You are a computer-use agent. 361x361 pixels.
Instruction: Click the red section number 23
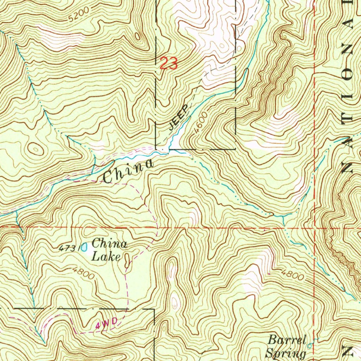pyautogui.click(x=168, y=64)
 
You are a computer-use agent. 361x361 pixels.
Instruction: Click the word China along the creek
pyautogui.click(x=129, y=171)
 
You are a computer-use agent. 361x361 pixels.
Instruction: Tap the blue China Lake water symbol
pyautogui.click(x=84, y=247)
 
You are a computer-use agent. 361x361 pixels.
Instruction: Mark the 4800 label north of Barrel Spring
pyautogui.click(x=292, y=275)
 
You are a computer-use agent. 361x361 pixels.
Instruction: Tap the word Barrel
pyautogui.click(x=286, y=340)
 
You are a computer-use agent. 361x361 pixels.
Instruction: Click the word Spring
pyautogui.click(x=286, y=353)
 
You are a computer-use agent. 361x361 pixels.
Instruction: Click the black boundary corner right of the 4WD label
pyautogui.click(x=154, y=310)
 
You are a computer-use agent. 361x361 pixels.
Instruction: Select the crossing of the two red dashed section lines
pyautogui.click(x=314, y=228)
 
